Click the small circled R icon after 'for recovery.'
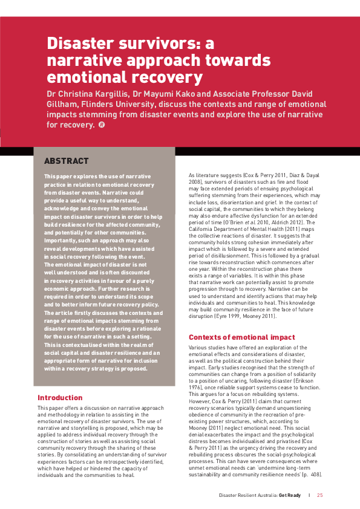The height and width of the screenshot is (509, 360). [101, 125]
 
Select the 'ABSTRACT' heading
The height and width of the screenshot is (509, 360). [67, 161]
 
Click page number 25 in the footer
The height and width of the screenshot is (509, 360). [320, 495]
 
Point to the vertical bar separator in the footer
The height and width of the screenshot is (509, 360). [309, 495]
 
